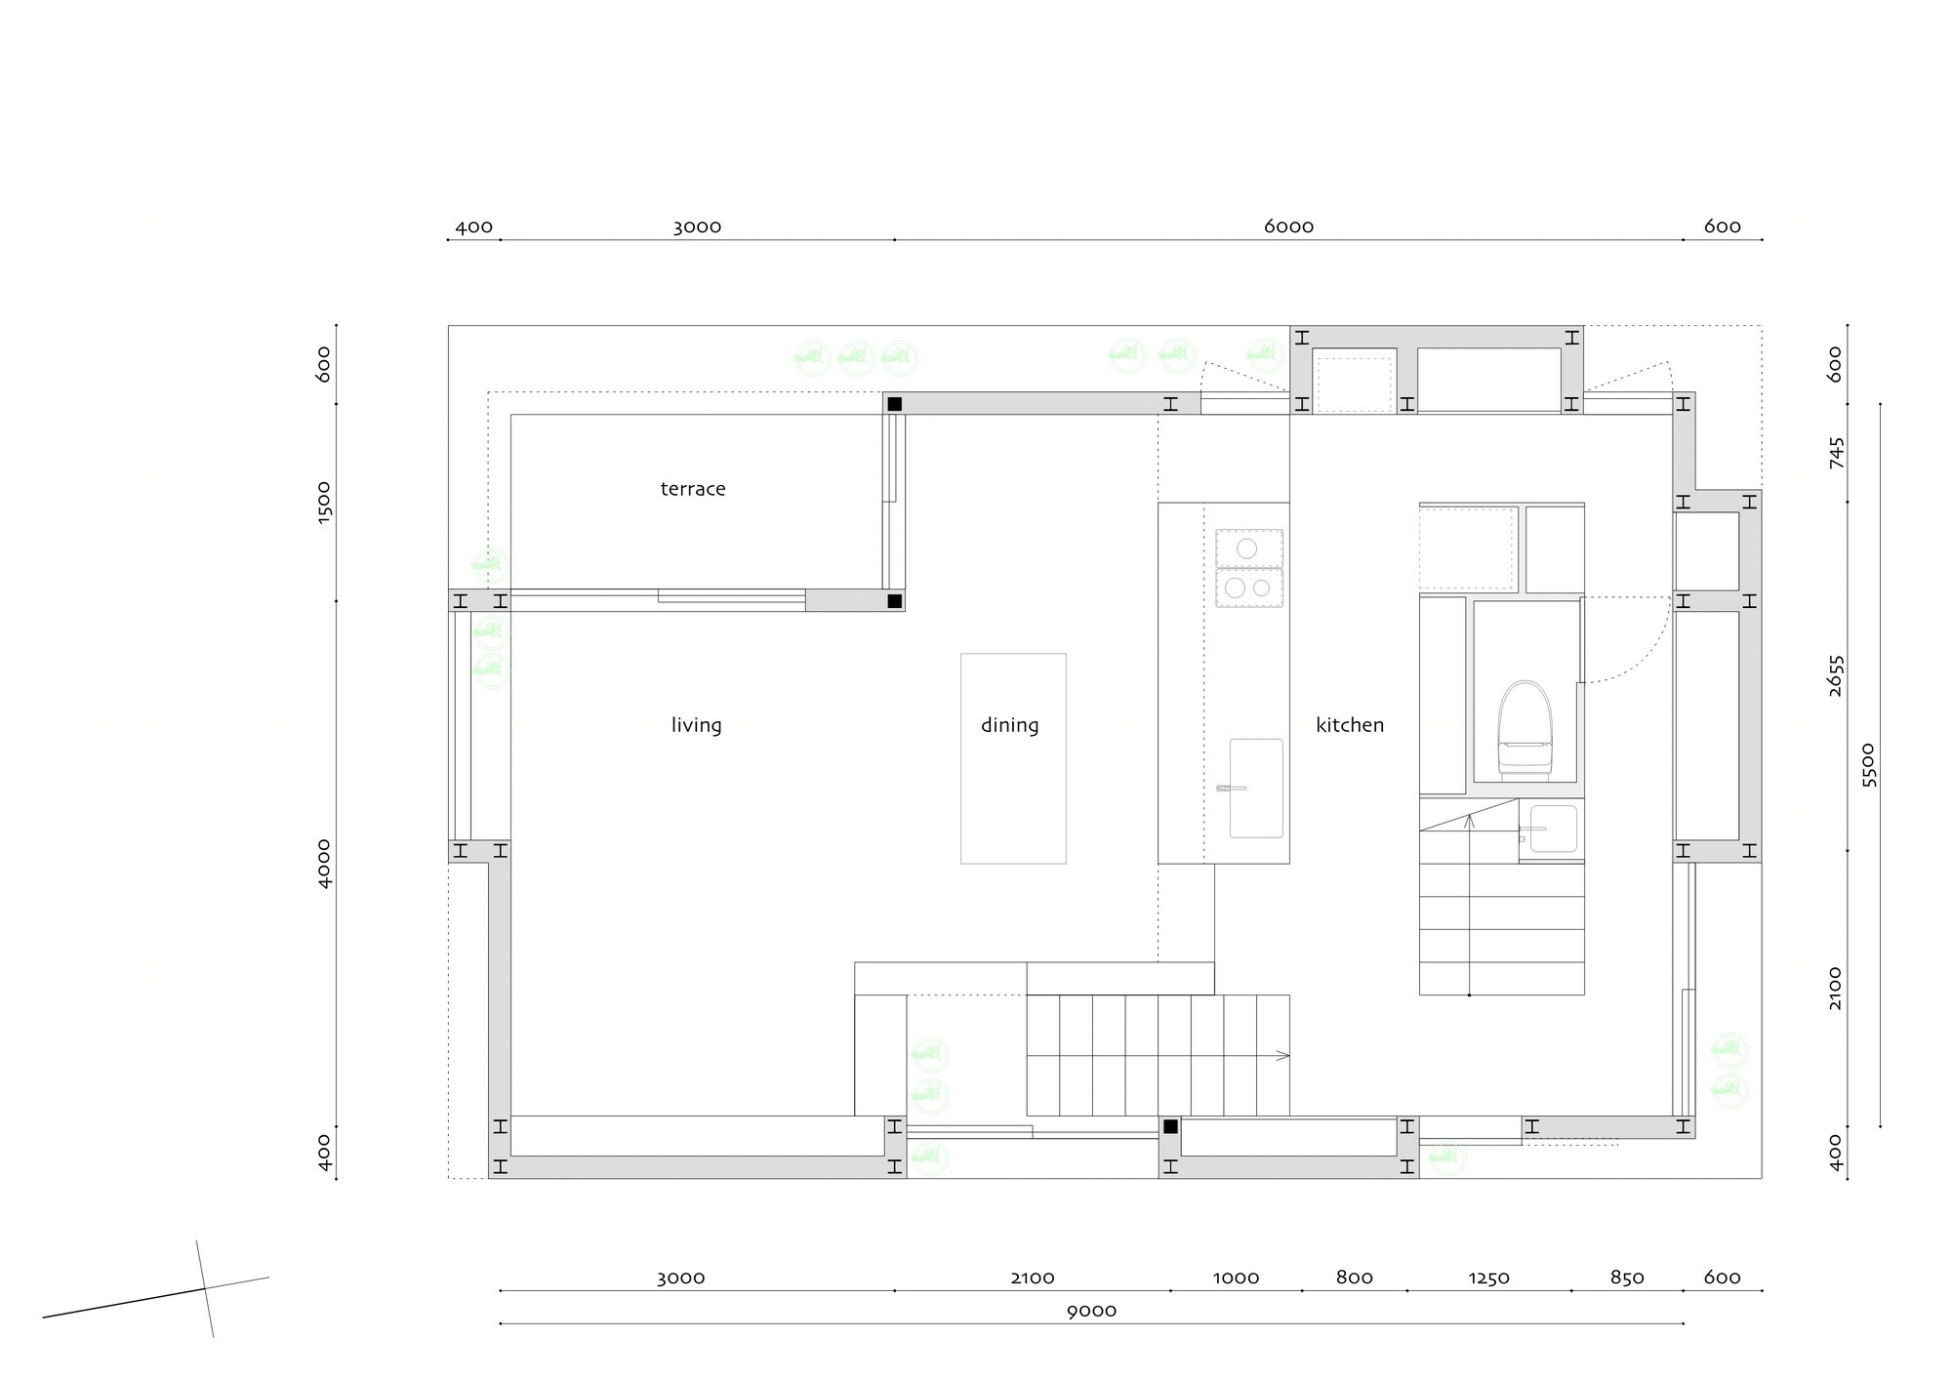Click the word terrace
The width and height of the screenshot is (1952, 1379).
point(693,489)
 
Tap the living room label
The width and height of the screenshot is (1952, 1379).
point(696,725)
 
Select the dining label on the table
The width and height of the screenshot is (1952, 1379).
point(1010,725)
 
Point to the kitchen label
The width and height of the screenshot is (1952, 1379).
point(1350,725)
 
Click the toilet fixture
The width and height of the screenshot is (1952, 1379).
point(1525,728)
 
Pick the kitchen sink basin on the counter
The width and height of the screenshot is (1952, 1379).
point(1256,788)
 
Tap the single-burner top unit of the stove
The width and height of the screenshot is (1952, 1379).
point(1248,548)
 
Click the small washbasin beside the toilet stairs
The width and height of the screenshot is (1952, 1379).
point(1553,829)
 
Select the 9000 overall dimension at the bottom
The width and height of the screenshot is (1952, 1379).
point(1091,1311)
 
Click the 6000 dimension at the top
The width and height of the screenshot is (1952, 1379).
point(1288,226)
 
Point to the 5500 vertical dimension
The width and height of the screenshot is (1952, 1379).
point(1868,765)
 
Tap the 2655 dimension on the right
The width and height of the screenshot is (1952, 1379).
point(1835,675)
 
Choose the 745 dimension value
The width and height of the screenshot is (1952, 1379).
point(1835,453)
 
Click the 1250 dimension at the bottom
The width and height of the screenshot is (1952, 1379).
point(1488,1278)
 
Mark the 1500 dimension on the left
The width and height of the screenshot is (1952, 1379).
point(324,502)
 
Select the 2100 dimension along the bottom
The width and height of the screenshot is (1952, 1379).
point(1033,1278)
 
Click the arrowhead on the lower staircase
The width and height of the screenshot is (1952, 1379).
point(1283,1055)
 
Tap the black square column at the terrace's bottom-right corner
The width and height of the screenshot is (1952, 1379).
point(894,601)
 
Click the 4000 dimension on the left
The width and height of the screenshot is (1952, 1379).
point(324,863)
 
